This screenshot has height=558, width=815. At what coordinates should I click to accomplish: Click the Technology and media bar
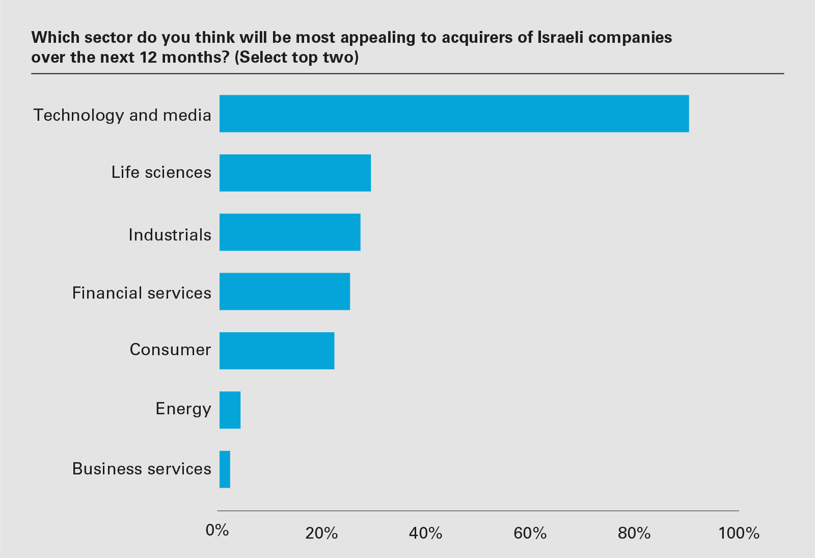[454, 114]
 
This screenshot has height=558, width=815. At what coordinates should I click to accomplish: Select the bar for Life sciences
[295, 173]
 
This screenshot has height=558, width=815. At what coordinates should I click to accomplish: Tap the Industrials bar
[290, 232]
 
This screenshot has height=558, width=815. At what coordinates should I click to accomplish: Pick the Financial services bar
[285, 291]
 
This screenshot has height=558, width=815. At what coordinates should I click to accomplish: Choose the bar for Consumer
[277, 351]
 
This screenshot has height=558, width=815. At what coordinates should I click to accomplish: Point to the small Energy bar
[230, 410]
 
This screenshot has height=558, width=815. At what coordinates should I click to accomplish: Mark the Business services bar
[225, 469]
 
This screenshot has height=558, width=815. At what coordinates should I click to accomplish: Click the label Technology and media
[122, 115]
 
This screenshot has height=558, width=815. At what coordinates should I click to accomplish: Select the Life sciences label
[161, 172]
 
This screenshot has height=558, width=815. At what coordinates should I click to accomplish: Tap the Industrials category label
[170, 235]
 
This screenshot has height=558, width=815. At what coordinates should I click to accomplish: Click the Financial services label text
[142, 293]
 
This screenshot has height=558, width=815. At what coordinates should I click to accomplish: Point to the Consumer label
[170, 350]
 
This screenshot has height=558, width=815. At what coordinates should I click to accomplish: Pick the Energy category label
[183, 409]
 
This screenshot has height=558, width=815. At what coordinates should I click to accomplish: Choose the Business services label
[142, 469]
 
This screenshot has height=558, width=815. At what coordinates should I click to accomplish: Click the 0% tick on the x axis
[217, 530]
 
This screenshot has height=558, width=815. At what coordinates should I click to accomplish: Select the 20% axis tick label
[321, 533]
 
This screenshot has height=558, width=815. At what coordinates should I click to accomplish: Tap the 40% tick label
[425, 533]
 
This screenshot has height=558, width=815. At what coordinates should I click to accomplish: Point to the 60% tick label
[530, 533]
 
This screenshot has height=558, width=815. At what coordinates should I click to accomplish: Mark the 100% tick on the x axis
[739, 533]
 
